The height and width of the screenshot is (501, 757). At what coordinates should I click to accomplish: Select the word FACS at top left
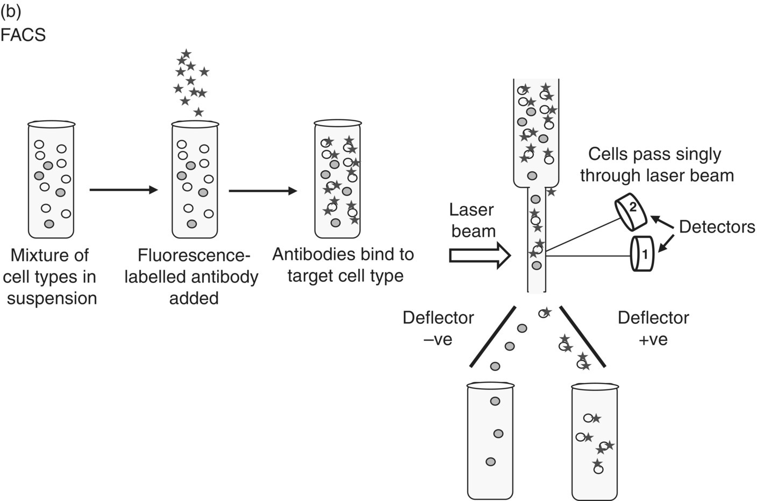click(x=23, y=35)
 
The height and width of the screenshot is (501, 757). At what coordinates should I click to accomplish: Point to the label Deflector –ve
click(x=438, y=328)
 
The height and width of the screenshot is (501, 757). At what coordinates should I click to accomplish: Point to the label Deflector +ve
click(x=653, y=328)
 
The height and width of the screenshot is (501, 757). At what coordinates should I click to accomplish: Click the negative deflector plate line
click(x=493, y=337)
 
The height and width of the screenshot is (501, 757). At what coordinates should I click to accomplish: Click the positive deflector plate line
click(x=583, y=337)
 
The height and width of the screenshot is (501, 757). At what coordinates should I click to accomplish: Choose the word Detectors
click(x=717, y=227)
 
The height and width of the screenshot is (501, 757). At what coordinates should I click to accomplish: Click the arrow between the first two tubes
click(x=123, y=190)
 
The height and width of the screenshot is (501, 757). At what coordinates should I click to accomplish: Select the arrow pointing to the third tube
click(x=262, y=190)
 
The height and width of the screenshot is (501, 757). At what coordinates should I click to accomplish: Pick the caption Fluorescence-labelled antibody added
click(x=191, y=277)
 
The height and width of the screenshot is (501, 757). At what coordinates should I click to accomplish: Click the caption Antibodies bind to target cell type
click(x=343, y=265)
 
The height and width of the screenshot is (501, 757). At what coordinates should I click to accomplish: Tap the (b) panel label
click(x=11, y=12)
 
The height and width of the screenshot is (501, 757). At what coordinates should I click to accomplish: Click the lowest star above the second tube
click(x=198, y=112)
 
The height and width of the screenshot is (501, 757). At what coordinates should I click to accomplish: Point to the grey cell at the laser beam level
click(x=536, y=265)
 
